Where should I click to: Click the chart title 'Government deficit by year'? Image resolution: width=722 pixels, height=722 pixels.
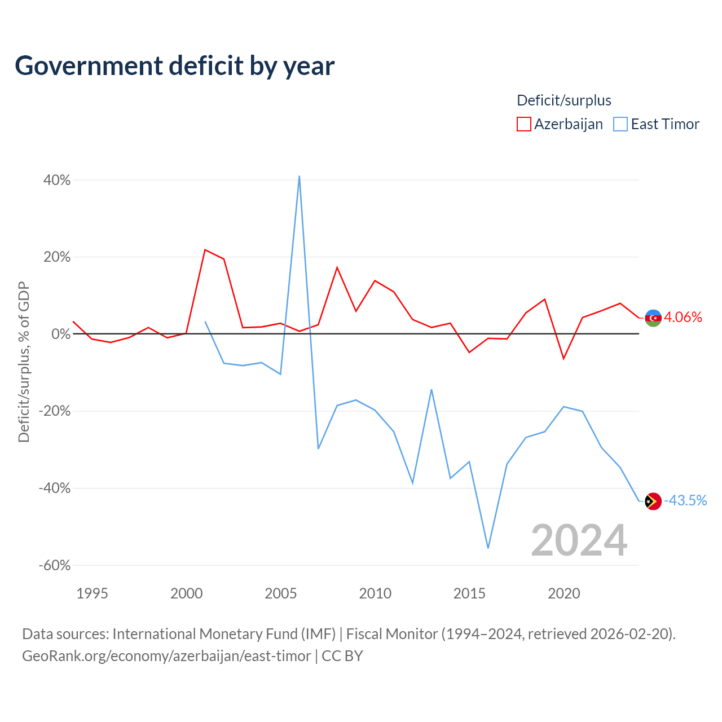tap(174, 66)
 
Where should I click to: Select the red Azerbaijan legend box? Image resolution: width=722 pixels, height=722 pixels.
tap(523, 124)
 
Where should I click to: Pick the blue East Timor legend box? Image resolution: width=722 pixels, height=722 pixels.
tap(620, 124)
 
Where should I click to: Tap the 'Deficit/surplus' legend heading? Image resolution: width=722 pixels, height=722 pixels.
tap(564, 100)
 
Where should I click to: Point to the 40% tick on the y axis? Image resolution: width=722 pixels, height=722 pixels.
tap(57, 180)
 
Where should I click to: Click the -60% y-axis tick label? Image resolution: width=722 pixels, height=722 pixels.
tap(55, 565)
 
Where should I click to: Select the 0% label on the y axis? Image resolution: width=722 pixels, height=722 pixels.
tap(61, 334)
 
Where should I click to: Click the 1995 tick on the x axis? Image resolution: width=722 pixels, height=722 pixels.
tap(92, 593)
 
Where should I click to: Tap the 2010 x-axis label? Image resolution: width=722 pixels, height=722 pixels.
tap(375, 593)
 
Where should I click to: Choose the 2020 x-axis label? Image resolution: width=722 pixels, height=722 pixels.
tap(564, 593)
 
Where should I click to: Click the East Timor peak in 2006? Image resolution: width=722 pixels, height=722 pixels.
tap(299, 176)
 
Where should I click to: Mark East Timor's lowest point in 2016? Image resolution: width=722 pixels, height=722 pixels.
tap(488, 548)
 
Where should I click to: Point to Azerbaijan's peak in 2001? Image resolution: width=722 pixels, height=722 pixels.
tap(205, 249)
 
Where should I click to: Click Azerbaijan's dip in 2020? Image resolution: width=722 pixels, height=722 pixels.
tap(563, 359)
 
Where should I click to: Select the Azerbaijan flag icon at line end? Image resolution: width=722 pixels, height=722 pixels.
tap(653, 318)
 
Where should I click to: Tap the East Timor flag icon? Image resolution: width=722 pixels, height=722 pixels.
tap(653, 501)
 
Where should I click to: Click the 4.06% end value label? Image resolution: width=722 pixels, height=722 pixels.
tap(683, 318)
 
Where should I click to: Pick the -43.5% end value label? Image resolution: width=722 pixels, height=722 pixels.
tap(685, 500)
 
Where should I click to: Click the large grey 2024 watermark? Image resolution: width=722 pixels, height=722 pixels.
tap(579, 540)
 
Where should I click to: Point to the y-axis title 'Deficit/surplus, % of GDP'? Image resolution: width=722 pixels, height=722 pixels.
tap(24, 362)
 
